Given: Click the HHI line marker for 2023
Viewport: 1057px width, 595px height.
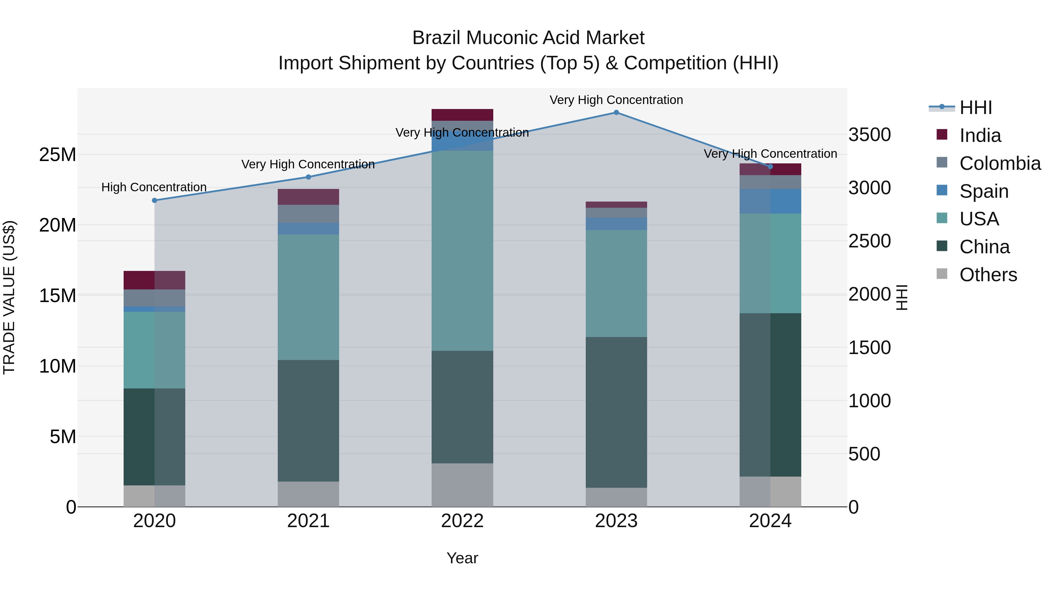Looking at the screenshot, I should tap(616, 113).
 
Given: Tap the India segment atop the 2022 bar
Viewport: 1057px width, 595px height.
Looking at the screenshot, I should tap(462, 115).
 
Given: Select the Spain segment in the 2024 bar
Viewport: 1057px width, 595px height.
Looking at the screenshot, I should tap(770, 201).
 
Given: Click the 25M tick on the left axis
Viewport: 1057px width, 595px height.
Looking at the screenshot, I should tap(58, 155).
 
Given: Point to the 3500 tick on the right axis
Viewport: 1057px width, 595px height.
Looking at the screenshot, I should tap(869, 135).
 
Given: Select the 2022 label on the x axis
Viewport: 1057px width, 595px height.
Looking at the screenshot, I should tap(462, 521).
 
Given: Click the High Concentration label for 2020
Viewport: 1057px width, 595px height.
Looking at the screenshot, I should tap(154, 187).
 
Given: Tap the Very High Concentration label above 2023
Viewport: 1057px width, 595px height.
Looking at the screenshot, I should tap(616, 100).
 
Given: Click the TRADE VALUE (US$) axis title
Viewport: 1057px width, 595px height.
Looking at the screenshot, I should tap(9, 297).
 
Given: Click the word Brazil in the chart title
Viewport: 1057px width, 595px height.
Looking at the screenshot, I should tap(437, 38).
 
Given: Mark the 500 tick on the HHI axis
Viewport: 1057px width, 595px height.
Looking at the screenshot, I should tap(864, 454).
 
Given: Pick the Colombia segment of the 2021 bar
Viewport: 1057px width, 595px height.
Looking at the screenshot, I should tap(308, 214).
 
